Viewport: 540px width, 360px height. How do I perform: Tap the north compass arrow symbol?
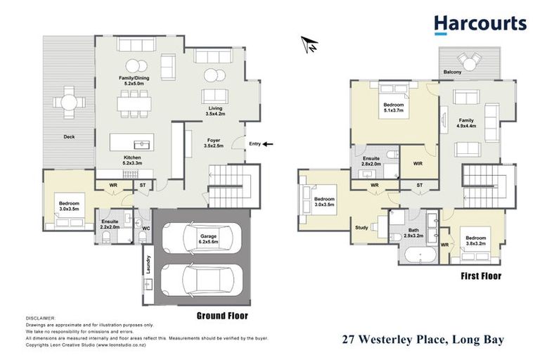(307, 45)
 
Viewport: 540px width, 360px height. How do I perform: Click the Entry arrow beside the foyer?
(269, 144)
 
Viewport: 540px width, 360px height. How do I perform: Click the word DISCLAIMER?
(40, 319)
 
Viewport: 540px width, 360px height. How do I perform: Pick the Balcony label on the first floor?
(453, 72)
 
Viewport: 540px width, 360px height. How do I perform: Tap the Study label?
(362, 227)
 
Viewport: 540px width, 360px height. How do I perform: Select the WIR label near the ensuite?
(416, 164)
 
